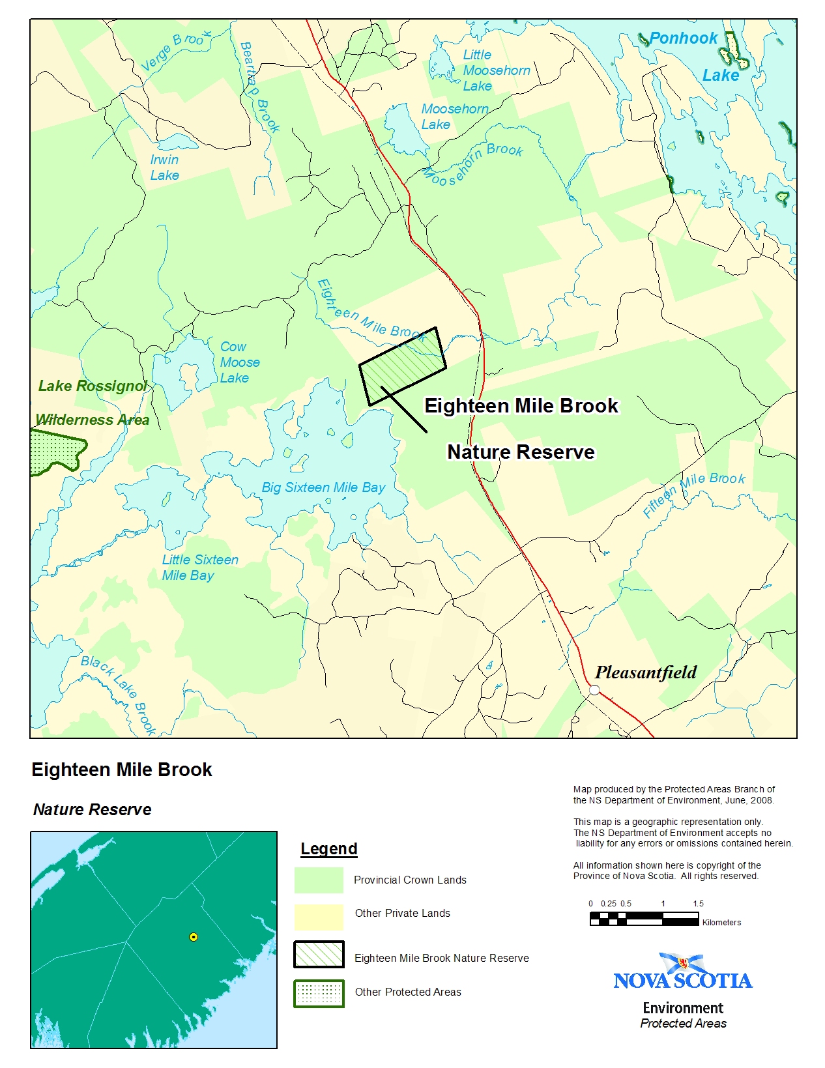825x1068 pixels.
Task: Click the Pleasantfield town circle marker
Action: [x=594, y=689]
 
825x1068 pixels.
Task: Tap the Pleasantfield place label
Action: [x=645, y=672]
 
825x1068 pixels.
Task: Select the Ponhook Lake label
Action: [x=695, y=56]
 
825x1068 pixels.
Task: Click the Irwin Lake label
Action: [x=164, y=167]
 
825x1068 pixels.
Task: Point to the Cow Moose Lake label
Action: [x=239, y=362]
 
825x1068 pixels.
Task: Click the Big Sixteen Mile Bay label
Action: [x=323, y=487]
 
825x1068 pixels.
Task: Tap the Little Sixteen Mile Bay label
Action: [x=199, y=568]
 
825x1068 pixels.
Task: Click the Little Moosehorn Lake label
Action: [x=496, y=70]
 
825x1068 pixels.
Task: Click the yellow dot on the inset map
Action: [x=194, y=937]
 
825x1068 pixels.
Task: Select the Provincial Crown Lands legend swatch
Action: [x=319, y=880]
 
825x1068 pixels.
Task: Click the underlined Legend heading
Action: [x=328, y=849]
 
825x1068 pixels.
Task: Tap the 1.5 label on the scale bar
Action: [x=699, y=904]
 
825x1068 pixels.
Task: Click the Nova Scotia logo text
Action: [x=682, y=980]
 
